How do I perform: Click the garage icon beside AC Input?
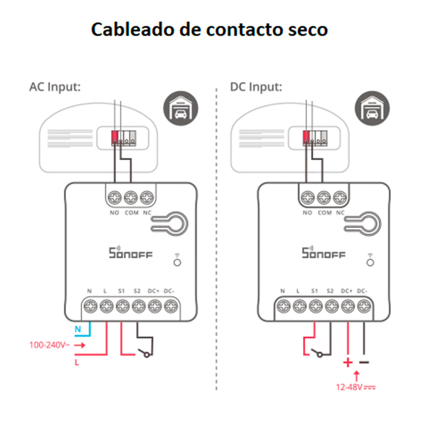pyautogui.click(x=178, y=109)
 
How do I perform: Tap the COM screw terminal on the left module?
pyautogui.click(x=131, y=198)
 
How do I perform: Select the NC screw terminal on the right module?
pyautogui.click(x=340, y=198)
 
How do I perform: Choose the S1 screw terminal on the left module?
pyautogui.click(x=122, y=305)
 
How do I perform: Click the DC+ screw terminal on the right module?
pyautogui.click(x=348, y=305)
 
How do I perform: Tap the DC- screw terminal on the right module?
pyautogui.click(x=363, y=305)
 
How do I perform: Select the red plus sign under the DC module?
pyautogui.click(x=348, y=363)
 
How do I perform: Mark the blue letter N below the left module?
pyautogui.click(x=78, y=329)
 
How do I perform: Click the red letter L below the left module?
pyautogui.click(x=77, y=363)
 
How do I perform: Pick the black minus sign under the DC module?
pyautogui.click(x=364, y=363)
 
